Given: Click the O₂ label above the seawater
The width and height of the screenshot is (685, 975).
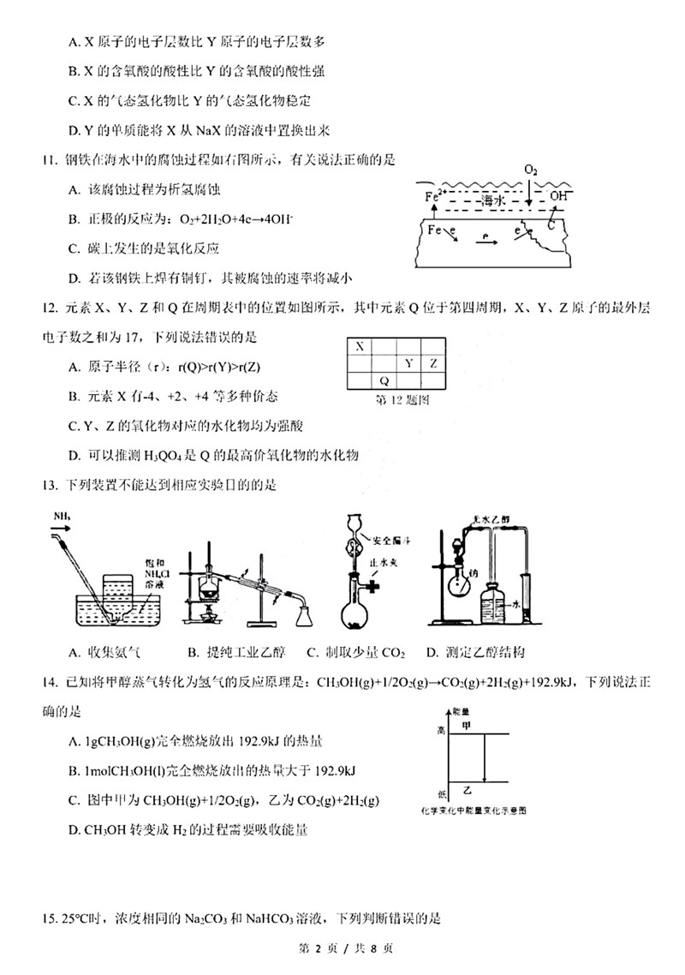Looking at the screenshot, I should click(x=532, y=170).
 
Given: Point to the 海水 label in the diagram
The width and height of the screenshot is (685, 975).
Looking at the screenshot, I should click(x=490, y=200).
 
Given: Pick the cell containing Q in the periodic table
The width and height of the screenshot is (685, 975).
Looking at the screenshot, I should click(x=384, y=380).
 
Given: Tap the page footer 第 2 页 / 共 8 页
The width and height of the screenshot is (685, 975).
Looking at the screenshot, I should click(x=342, y=949).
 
